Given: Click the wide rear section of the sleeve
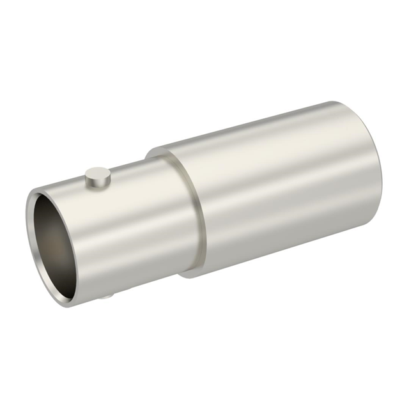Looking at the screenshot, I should click(281, 192).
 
